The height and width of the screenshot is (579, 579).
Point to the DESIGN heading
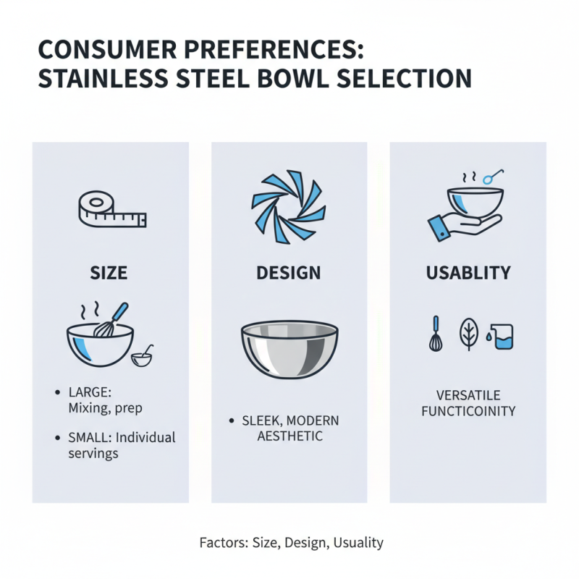289,274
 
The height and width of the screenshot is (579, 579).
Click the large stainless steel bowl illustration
289,350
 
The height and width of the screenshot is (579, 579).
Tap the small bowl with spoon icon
142,355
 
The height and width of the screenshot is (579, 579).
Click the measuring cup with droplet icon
501,337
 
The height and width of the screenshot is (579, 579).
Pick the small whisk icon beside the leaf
435,334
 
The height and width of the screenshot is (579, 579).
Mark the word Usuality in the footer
359,542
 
